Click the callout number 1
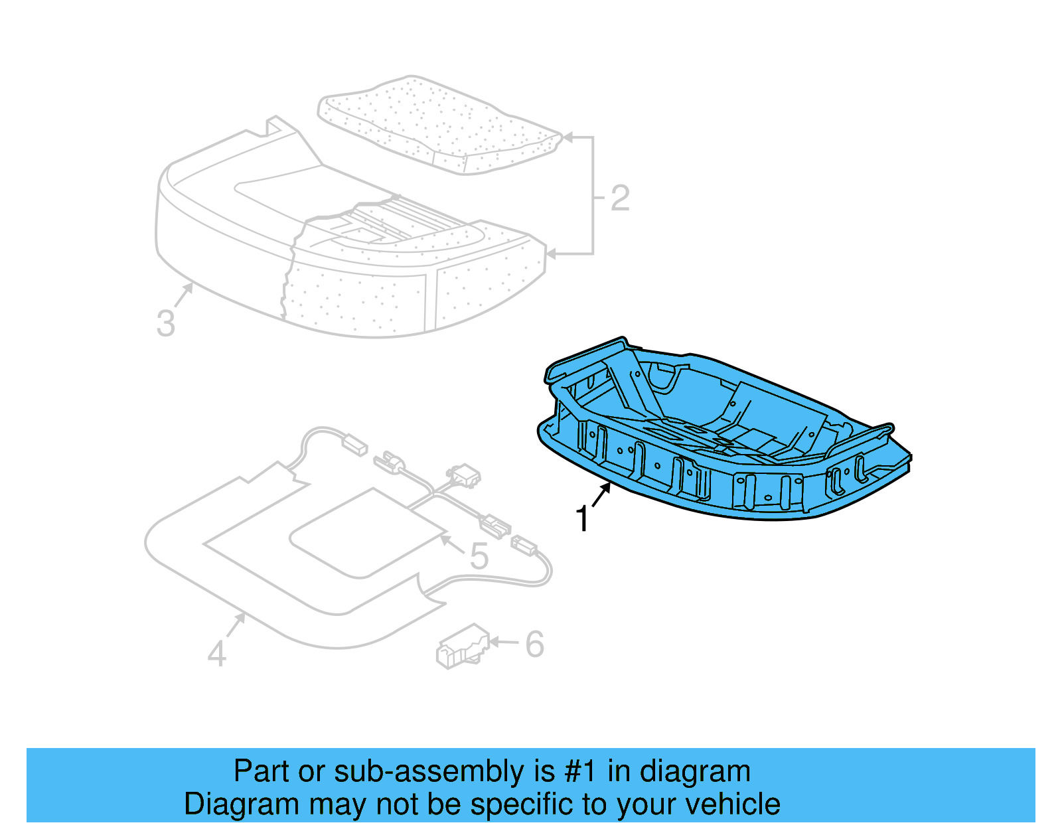tap(582, 519)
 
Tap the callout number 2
tap(619, 198)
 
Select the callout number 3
tap(166, 323)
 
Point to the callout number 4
tap(217, 653)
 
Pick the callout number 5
tap(479, 556)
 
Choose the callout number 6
tap(534, 644)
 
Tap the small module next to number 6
tap(462, 645)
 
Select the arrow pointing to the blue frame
tap(601, 494)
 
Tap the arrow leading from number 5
tap(451, 542)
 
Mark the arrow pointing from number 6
tap(504, 642)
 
